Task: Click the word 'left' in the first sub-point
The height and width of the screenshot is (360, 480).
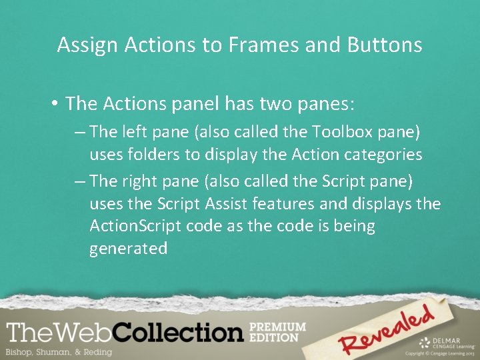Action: (x=133, y=132)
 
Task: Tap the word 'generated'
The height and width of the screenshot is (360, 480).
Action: (x=128, y=249)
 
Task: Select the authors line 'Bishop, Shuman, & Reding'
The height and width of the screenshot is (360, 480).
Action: (x=59, y=351)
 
